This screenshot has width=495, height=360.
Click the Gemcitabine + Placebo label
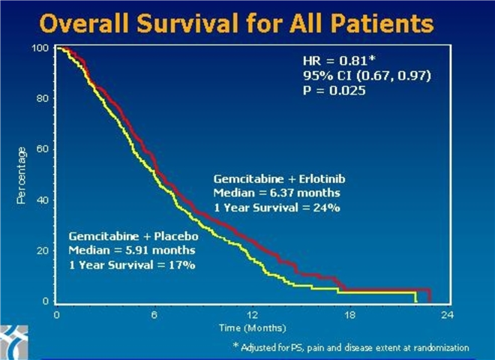tap(123, 236)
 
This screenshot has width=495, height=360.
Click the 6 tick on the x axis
tap(154, 315)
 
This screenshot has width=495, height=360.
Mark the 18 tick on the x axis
tap(350, 315)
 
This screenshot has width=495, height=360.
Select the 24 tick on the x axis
tap(448, 315)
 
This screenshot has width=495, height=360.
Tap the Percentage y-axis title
tap(23, 175)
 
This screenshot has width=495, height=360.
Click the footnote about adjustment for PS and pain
tap(351, 347)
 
